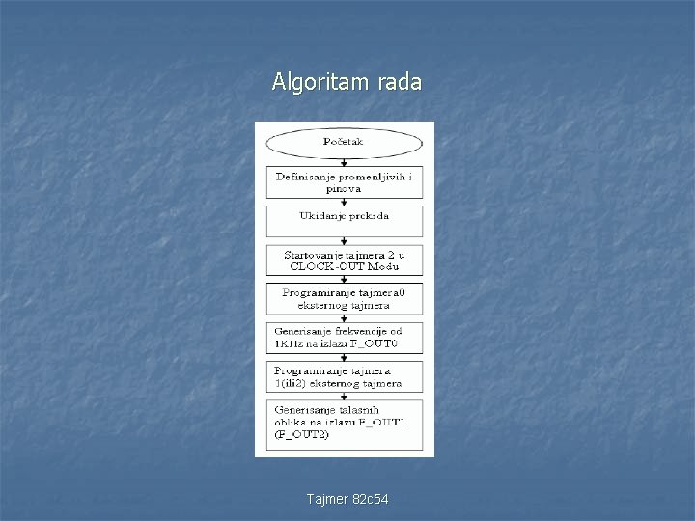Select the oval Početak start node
(345, 143)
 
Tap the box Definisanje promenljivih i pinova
(345, 182)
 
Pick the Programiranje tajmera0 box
(345, 297)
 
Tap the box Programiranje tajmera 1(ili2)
(345, 376)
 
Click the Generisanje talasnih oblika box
(345, 421)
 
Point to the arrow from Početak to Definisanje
(345, 163)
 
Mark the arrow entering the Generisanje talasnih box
(345, 394)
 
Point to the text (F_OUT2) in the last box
(302, 434)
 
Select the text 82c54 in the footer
(371, 498)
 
